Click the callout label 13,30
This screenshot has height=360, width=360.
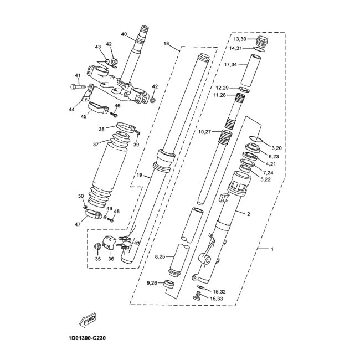click(x=240, y=39)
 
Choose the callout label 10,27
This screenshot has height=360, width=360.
click(x=205, y=132)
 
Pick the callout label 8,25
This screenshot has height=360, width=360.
click(x=160, y=256)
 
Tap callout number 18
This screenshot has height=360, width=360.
click(x=166, y=43)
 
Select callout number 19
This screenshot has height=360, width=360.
click(x=140, y=175)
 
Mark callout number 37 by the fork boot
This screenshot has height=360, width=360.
click(x=95, y=144)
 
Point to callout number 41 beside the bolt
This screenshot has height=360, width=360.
click(x=78, y=75)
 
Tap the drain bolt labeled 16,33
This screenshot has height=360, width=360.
click(x=196, y=296)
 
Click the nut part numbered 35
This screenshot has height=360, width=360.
click(x=97, y=246)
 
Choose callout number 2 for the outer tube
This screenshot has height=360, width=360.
click(x=248, y=213)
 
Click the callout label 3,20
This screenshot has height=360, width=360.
click(x=277, y=148)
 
